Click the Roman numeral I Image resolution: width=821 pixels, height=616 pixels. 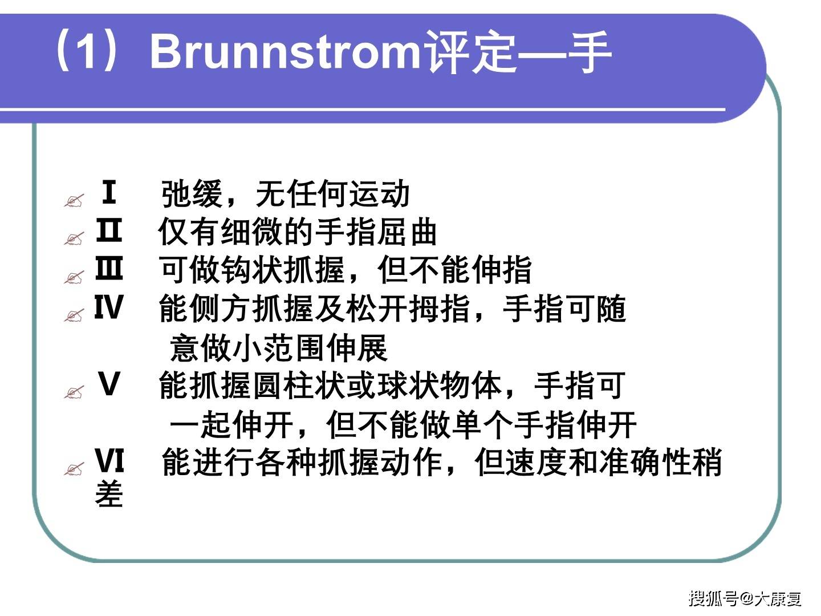point(108,192)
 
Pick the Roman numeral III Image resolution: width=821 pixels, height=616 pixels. point(108,269)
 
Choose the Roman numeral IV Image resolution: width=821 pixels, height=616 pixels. point(108,307)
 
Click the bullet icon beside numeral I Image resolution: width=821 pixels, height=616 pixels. point(74,201)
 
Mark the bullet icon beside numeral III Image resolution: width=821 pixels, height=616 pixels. point(74,278)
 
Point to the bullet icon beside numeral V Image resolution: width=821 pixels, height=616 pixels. point(74,392)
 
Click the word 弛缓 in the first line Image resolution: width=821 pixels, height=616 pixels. point(192,194)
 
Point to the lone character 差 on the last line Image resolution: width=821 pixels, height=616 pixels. point(109,494)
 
